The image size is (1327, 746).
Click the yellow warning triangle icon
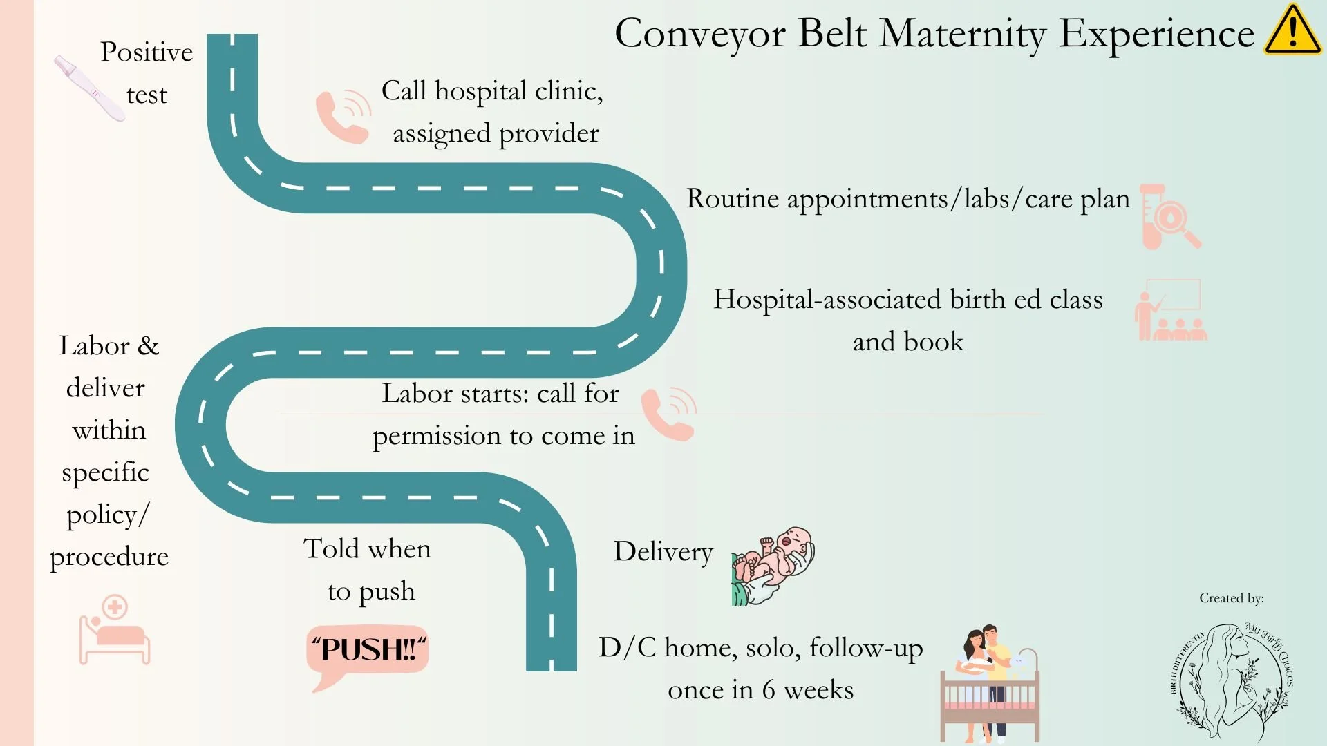pyautogui.click(x=1292, y=31)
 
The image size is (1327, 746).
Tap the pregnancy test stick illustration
pyautogui.click(x=89, y=88)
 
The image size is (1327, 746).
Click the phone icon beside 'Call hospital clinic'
pyautogui.click(x=343, y=116)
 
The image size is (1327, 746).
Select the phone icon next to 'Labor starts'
pyautogui.click(x=668, y=414)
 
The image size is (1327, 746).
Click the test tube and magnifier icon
pyautogui.click(x=1169, y=217)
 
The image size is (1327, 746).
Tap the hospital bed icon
pyautogui.click(x=114, y=630)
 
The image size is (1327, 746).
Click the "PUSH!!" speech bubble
pyautogui.click(x=368, y=653)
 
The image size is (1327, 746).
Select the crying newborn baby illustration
pyautogui.click(x=773, y=566)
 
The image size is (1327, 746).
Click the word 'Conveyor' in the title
pyautogui.click(x=699, y=34)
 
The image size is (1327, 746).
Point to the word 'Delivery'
pyautogui.click(x=663, y=552)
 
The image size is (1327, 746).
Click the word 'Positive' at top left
pyautogui.click(x=147, y=52)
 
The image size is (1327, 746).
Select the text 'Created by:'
pyautogui.click(x=1231, y=598)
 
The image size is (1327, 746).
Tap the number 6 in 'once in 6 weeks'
pyautogui.click(x=768, y=690)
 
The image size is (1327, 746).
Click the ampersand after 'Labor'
pyautogui.click(x=148, y=346)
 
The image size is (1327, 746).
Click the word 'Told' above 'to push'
pyautogui.click(x=331, y=549)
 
